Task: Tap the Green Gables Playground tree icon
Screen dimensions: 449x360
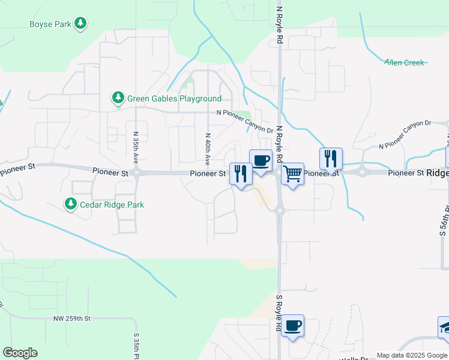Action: tap(118, 98)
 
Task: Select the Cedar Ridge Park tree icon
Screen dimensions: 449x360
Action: tap(71, 204)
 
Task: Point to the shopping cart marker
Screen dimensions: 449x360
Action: tap(292, 174)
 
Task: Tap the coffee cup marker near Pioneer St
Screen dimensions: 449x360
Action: tap(261, 161)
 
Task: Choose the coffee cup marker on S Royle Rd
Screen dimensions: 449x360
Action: tap(292, 326)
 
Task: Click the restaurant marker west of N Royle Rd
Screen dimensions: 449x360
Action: tap(241, 174)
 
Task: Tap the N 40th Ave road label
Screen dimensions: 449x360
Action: tap(207, 149)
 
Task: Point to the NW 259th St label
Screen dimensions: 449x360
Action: tap(71, 318)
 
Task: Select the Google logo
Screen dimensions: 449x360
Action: tap(20, 353)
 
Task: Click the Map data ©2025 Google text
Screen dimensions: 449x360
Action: tap(412, 355)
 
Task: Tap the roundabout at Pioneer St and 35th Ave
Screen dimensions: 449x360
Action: tap(137, 173)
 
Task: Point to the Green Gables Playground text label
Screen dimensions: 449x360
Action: tap(174, 98)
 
